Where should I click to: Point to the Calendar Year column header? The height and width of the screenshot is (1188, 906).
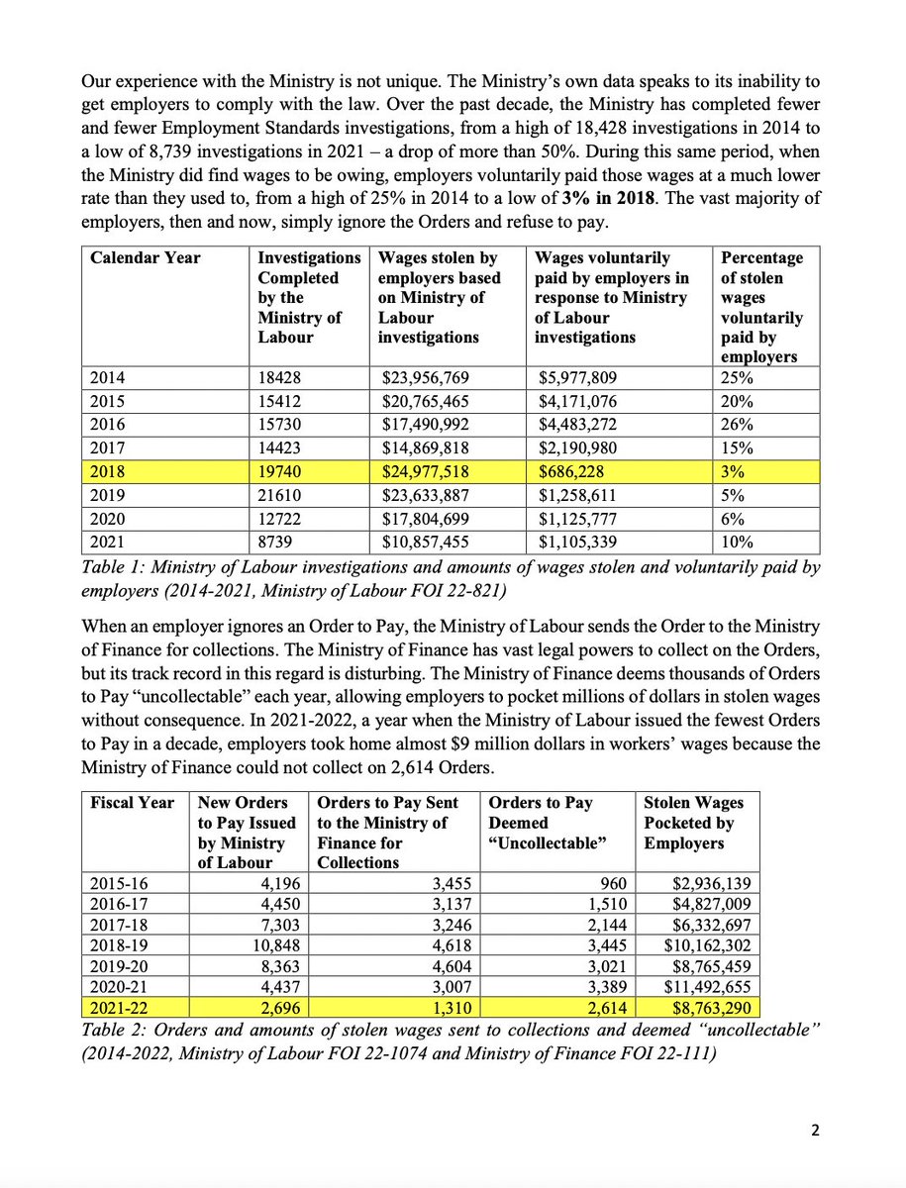(146, 258)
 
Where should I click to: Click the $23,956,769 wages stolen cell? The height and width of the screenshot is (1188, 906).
(427, 376)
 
